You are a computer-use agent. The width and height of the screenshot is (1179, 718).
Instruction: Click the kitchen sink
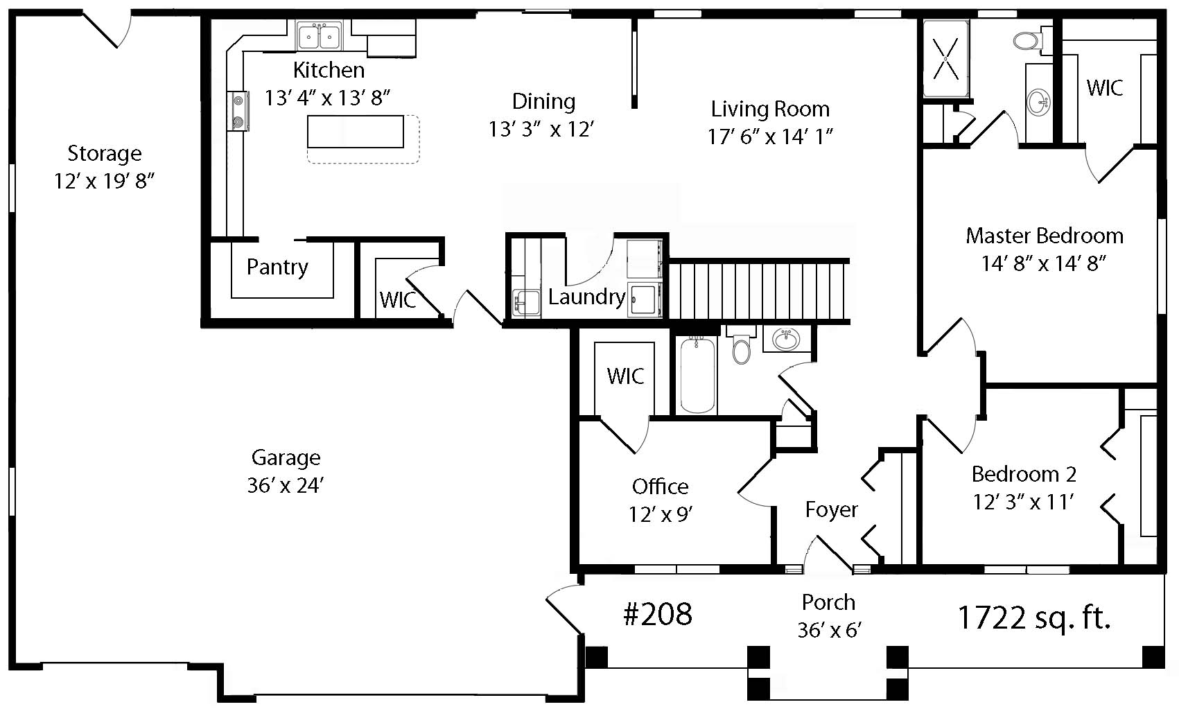click(319, 36)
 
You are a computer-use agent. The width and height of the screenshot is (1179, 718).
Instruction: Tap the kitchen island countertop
click(356, 132)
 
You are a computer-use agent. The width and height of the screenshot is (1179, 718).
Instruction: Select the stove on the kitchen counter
click(238, 111)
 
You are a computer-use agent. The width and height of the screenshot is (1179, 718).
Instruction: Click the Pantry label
click(277, 268)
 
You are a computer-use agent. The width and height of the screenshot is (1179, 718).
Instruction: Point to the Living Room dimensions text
click(770, 137)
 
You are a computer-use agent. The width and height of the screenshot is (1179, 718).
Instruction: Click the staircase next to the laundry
click(758, 290)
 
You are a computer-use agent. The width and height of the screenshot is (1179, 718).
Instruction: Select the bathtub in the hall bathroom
click(698, 375)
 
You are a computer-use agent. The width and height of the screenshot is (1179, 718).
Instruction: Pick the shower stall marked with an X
click(946, 59)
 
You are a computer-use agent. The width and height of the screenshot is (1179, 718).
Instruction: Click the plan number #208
click(657, 614)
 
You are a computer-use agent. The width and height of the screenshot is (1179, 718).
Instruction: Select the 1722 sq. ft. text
click(1033, 618)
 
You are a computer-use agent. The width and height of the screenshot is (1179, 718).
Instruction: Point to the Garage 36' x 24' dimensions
click(286, 485)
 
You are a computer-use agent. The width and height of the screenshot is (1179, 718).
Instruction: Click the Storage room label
click(105, 153)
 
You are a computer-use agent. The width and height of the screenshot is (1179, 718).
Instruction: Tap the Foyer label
click(832, 509)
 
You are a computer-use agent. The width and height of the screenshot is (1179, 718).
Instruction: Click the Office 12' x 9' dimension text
click(661, 514)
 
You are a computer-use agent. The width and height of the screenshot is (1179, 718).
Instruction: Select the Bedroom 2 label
click(1024, 474)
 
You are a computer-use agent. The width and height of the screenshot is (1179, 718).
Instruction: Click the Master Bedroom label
click(1045, 236)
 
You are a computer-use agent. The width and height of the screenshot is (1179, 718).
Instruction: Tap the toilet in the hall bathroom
click(741, 347)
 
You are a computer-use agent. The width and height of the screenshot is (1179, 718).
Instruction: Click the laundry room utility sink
click(526, 303)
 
